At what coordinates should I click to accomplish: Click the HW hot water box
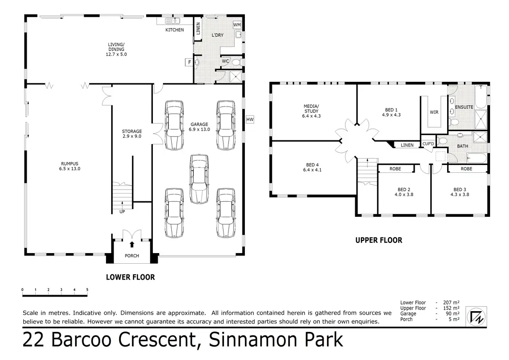tap(250, 120)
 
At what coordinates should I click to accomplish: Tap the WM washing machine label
tap(237, 25)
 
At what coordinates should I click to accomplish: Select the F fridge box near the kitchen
tap(189, 62)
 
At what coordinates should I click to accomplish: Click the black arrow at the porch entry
tap(132, 244)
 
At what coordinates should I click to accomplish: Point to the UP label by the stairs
tap(122, 211)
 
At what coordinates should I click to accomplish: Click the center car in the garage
tap(199, 179)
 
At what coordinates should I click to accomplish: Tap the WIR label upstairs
tap(434, 112)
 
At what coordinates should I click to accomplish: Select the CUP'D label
tap(428, 144)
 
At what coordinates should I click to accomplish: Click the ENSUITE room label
tap(464, 107)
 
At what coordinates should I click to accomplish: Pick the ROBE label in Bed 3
tap(466, 169)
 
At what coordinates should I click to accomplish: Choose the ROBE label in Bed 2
tap(395, 169)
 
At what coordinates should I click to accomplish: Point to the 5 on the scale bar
tap(87, 289)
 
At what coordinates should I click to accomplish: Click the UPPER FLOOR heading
tap(379, 240)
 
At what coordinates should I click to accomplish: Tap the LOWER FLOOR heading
tap(131, 277)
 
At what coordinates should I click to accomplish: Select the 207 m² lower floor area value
tap(451, 302)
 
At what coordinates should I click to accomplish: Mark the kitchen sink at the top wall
tap(172, 21)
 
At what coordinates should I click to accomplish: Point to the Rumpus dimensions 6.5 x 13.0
tap(70, 169)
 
